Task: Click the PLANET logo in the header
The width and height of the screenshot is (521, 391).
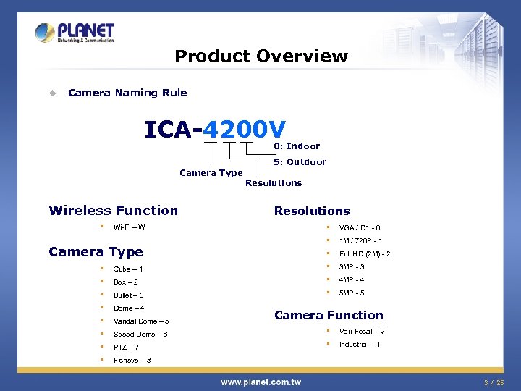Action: (x=75, y=33)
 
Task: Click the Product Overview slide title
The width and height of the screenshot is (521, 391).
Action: (x=261, y=56)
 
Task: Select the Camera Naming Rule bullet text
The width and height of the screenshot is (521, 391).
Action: (x=127, y=93)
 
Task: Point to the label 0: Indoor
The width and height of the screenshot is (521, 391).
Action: (x=297, y=146)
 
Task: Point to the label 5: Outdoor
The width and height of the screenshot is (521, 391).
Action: (x=300, y=162)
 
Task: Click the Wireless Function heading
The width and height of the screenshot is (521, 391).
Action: (x=113, y=211)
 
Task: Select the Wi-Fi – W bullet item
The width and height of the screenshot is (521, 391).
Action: (x=129, y=227)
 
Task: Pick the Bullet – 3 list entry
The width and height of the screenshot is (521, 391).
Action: (x=129, y=295)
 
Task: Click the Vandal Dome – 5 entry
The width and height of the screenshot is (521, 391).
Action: (x=141, y=321)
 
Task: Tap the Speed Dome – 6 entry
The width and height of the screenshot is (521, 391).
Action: (x=140, y=335)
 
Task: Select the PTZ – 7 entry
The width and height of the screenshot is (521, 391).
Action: (x=127, y=348)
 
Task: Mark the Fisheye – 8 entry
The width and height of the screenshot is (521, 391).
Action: (x=132, y=361)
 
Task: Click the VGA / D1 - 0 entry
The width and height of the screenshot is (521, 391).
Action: (x=360, y=228)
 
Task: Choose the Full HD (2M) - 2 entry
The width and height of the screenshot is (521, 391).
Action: (x=365, y=254)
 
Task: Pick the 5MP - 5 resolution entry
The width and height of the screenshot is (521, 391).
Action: (x=352, y=293)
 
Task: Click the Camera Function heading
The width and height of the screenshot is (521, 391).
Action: (x=329, y=315)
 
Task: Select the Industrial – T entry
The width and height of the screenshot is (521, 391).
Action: (x=360, y=345)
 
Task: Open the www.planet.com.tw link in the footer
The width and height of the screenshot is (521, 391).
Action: (x=260, y=382)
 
